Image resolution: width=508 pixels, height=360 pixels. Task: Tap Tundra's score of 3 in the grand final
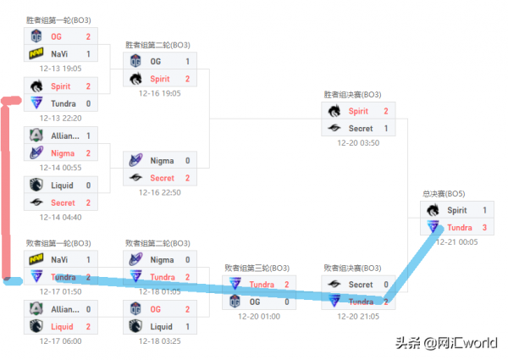tap(484, 227)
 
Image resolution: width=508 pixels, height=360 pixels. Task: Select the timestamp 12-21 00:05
tap(456, 241)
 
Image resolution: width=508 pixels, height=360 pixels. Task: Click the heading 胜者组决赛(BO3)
tap(352, 95)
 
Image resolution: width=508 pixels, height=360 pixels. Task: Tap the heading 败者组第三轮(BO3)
tap(257, 268)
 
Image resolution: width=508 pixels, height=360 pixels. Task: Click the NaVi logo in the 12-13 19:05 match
tap(36, 54)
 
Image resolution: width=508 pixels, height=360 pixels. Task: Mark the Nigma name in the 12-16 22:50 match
tap(162, 160)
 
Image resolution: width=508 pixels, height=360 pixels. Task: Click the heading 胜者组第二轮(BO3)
tap(157, 45)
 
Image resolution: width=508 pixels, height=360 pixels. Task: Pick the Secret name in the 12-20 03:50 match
tap(361, 128)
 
